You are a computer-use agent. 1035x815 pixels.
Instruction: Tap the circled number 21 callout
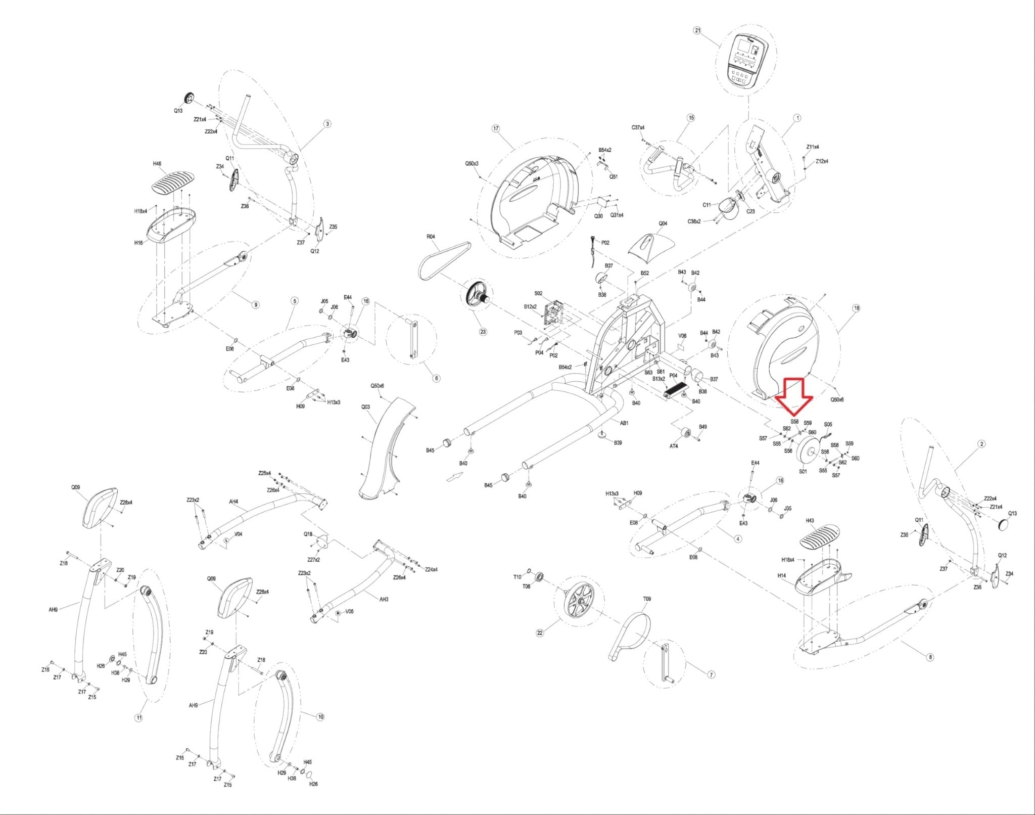point(698,30)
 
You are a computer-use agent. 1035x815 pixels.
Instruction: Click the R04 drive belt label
point(431,236)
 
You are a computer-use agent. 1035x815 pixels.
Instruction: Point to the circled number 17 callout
point(495,128)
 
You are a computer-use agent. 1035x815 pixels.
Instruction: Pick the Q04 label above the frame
point(663,223)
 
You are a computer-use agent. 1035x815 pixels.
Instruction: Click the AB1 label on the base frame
point(624,423)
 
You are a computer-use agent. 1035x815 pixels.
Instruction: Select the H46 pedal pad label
point(157,164)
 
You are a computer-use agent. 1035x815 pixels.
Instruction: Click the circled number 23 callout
point(483,332)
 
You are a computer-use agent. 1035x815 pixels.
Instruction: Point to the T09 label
point(646,599)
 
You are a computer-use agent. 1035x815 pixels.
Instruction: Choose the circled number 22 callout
point(540,632)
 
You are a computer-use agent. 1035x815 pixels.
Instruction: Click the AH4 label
point(233,502)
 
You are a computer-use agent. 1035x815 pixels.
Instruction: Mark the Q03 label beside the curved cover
point(365,407)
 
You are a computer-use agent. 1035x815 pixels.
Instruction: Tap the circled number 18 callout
point(856,308)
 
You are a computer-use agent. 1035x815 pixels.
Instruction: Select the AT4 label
point(674,446)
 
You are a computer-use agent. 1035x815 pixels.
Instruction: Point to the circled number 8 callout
point(930,657)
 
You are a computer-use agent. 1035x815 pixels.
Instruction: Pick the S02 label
point(538,293)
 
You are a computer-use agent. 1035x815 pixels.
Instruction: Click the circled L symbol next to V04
point(227,540)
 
